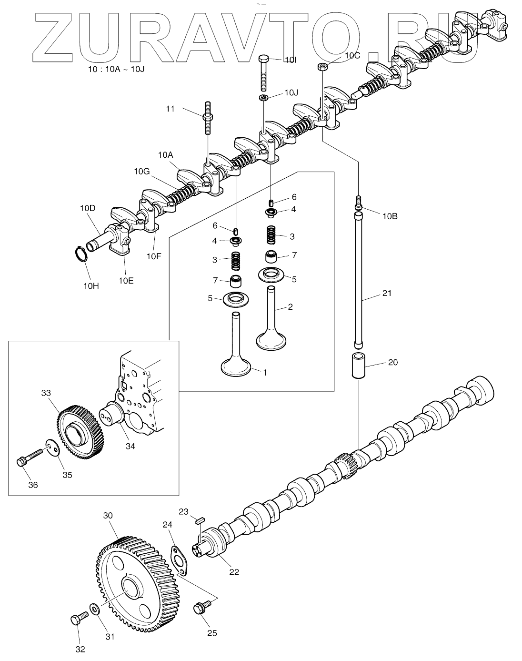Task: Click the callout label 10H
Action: point(91,286)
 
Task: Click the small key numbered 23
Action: point(200,520)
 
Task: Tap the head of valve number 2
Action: point(271,341)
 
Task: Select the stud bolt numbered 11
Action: point(208,118)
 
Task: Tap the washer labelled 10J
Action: point(264,98)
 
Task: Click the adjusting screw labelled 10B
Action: point(358,203)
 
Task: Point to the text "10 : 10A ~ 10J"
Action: point(116,69)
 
